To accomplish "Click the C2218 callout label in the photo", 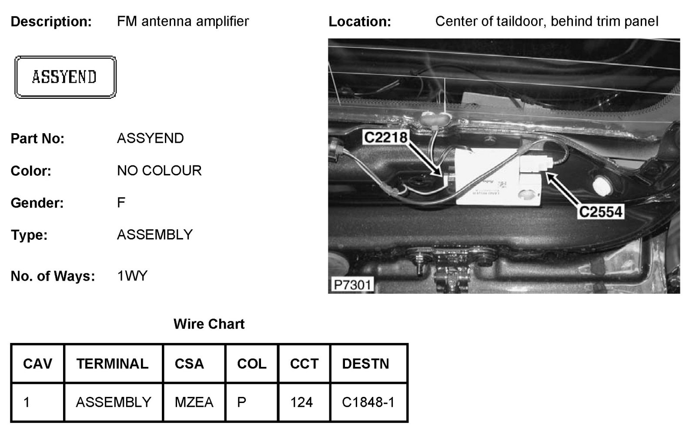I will coord(385,138).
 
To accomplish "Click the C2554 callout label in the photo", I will coord(601,212).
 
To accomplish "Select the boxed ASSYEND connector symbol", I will coord(65,77).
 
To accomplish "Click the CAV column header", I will coord(37,364).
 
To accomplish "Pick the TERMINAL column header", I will coord(112,364).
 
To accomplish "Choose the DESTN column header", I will coord(365,364).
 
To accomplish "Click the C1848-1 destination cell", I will coord(368,402).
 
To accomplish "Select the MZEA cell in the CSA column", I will coord(194,402).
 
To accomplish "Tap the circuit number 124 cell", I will coord(301,402).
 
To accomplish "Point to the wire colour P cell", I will coord(241,402).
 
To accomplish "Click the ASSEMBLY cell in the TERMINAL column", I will coord(113,402).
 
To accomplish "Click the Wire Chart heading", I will coord(209,324).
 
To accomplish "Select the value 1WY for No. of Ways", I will coord(132,276).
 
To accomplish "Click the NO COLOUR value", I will coord(159,171).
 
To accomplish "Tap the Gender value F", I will coord(121,202).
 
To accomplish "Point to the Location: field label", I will coord(360,21).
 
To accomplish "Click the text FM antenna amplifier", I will coord(183,21).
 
